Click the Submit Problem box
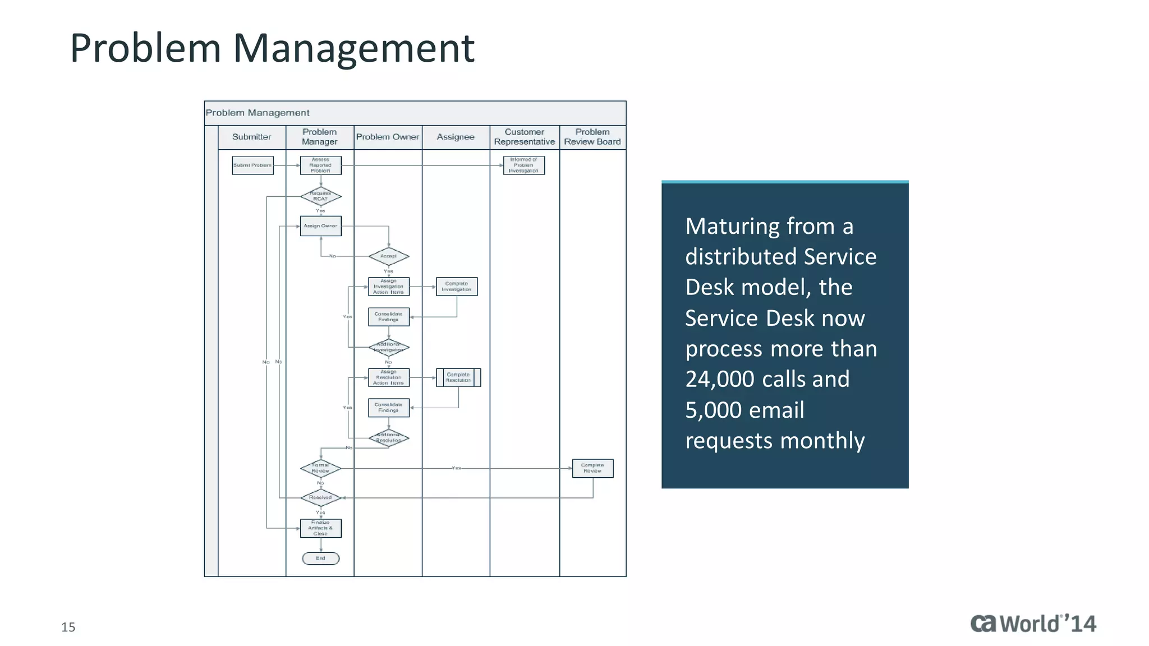point(252,165)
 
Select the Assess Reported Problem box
point(320,165)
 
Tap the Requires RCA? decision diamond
point(320,196)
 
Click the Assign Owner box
point(320,226)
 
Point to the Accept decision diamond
point(388,256)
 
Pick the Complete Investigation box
point(457,287)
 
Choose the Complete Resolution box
point(458,377)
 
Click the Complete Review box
point(592,468)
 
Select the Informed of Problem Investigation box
point(524,165)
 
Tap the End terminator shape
point(320,559)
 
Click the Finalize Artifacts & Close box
point(320,528)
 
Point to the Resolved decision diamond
point(320,497)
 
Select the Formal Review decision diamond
point(320,468)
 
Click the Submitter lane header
point(251,137)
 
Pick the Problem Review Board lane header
point(592,137)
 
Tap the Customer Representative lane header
point(524,137)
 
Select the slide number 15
point(68,627)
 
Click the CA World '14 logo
point(1033,624)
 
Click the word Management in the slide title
point(353,48)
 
